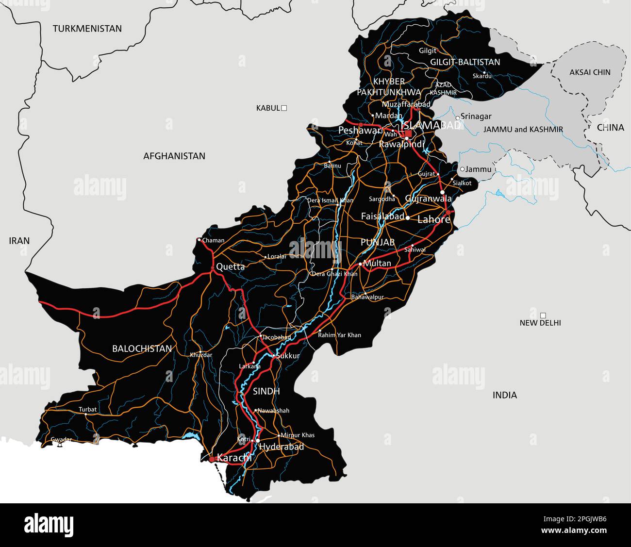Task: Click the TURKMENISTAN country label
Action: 87,29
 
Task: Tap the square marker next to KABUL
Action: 284,108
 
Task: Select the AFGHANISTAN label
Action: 174,156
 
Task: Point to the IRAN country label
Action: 19,241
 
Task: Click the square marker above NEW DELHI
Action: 543,315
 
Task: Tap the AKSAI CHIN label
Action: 590,72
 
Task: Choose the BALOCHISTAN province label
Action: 142,348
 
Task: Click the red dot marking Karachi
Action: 212,458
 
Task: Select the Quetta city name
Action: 230,266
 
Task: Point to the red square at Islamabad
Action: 408,133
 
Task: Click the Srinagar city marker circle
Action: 457,117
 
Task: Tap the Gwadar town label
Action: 61,440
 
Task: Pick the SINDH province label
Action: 266,391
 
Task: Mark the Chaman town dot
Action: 199,240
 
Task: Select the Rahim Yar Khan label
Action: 340,335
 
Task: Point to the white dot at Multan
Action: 360,264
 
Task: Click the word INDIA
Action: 505,395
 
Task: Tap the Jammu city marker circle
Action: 462,169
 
